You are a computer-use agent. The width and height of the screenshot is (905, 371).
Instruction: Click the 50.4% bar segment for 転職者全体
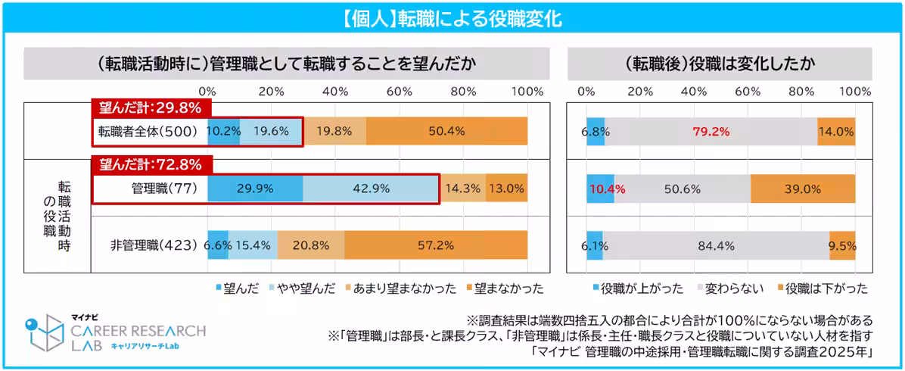[446, 131]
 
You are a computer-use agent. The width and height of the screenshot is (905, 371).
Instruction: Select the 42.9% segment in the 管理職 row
[369, 189]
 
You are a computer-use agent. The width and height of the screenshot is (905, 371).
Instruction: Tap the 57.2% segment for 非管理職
[436, 245]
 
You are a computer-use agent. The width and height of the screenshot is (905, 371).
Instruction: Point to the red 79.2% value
[711, 131]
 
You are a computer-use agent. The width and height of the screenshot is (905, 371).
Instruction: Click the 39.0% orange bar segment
[803, 189]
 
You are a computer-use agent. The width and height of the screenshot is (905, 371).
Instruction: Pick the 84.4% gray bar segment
[716, 245]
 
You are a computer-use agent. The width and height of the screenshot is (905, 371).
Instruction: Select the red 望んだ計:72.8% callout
[150, 164]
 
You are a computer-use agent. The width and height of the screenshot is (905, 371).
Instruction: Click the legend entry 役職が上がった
[636, 288]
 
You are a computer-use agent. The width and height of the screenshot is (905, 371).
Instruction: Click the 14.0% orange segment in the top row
[836, 131]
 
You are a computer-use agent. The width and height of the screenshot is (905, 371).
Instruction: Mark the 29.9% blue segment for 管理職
[255, 189]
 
